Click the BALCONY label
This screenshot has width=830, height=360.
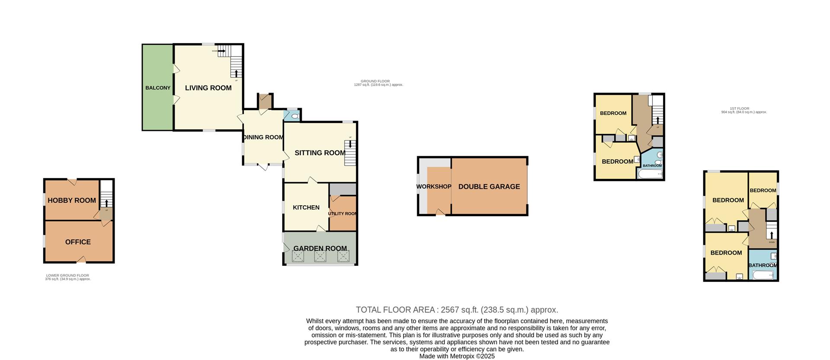pos(158,88)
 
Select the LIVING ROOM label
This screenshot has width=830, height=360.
pos(208,88)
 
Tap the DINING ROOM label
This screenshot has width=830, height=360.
pos(263,137)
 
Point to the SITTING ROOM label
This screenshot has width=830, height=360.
pos(320,153)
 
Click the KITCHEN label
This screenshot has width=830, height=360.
pos(306,207)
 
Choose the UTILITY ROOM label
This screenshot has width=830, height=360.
pos(342,213)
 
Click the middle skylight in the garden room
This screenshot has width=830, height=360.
pos(320,257)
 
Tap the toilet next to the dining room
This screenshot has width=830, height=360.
pos(294,116)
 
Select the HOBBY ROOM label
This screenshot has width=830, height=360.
pos(72,200)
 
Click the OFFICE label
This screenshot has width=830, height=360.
pos(78,242)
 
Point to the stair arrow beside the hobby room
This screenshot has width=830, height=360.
pos(107,203)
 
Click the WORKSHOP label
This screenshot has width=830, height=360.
pos(434,187)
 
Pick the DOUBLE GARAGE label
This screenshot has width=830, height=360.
pos(489,187)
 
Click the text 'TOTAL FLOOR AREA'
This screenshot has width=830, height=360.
pos(395,310)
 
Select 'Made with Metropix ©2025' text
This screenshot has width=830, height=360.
pos(457,357)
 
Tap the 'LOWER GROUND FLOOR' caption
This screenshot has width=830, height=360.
pos(67,275)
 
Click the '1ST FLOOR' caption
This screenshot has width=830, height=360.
pos(739,108)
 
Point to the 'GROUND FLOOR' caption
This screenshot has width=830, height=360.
pos(375,81)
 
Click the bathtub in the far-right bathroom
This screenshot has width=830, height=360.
pos(763,275)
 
